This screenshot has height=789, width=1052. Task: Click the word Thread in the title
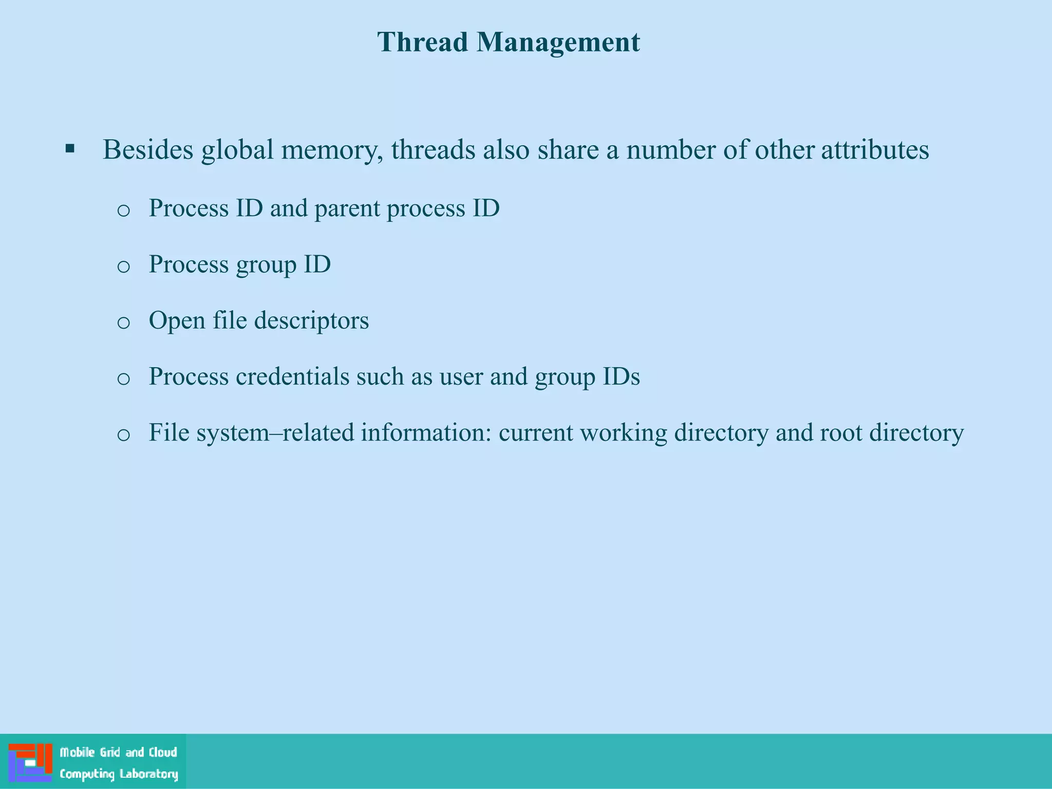click(x=423, y=42)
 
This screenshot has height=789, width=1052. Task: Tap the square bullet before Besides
click(x=70, y=149)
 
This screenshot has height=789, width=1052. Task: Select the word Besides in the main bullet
click(x=148, y=150)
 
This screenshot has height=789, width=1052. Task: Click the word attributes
click(x=875, y=150)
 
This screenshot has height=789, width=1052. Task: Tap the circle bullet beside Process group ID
click(x=123, y=267)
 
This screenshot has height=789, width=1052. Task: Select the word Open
click(x=177, y=321)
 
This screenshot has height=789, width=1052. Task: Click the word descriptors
click(x=311, y=321)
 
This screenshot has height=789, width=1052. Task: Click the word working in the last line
click(x=623, y=433)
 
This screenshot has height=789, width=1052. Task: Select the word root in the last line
click(x=840, y=433)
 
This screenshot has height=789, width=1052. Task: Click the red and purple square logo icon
click(x=30, y=762)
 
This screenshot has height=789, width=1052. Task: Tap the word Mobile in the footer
click(x=77, y=753)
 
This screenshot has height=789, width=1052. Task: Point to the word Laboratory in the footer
click(x=148, y=774)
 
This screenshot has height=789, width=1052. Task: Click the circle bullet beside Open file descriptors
click(x=123, y=323)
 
